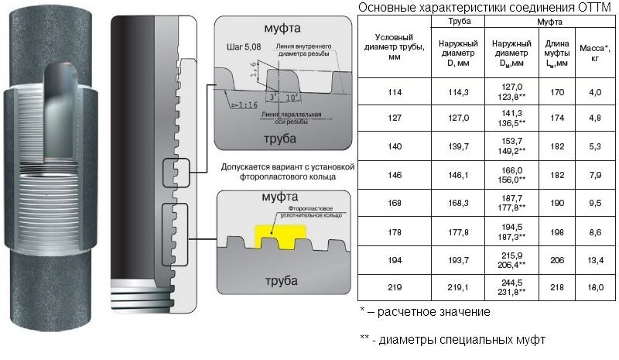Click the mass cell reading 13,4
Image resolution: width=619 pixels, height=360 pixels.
(595, 259)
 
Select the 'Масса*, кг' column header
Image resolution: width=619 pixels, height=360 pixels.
(595, 53)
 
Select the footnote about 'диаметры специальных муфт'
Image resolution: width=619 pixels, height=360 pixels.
(453, 339)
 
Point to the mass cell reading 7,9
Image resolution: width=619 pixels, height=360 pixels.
(595, 174)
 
